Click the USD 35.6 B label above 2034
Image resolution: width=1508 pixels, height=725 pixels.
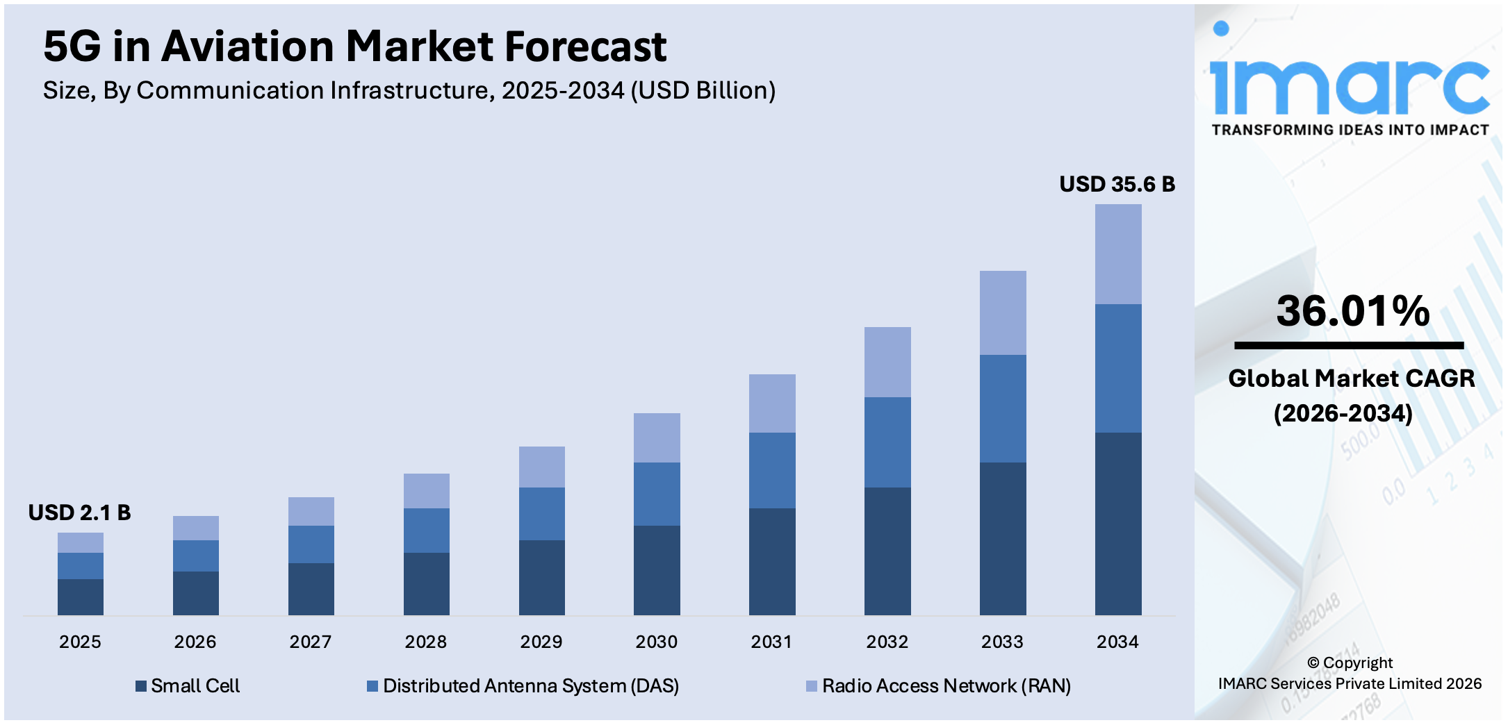tap(1117, 184)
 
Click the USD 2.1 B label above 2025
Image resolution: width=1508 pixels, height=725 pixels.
tap(79, 512)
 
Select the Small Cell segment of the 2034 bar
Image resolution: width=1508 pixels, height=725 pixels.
tap(1117, 523)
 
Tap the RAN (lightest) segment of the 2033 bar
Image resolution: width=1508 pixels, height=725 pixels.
tap(1002, 312)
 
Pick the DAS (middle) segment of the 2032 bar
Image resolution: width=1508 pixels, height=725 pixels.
tap(887, 442)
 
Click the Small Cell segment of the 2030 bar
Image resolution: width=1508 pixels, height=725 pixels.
tap(656, 569)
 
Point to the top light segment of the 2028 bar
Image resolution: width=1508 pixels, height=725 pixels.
tap(426, 490)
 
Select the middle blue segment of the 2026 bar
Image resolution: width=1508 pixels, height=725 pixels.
tap(195, 556)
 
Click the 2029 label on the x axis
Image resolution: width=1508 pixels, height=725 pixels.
tap(541, 642)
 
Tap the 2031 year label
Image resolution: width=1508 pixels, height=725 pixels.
tap(771, 642)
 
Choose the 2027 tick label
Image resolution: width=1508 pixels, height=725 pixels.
tap(310, 642)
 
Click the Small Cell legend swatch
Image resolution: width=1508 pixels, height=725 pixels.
tap(141, 686)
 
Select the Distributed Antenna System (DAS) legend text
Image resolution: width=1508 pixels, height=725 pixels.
tap(530, 686)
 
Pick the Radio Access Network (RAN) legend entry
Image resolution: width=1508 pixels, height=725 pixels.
tap(945, 686)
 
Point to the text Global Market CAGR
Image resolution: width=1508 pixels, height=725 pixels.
tap(1351, 378)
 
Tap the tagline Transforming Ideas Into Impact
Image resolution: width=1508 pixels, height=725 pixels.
tap(1350, 130)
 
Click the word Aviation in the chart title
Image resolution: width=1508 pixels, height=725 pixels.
tap(247, 47)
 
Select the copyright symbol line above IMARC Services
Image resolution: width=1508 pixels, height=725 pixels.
tap(1350, 662)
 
